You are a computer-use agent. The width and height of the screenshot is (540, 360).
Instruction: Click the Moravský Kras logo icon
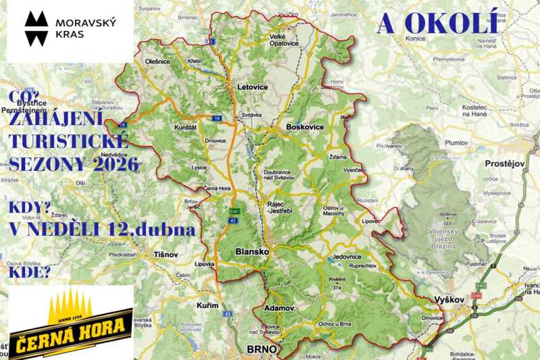click(x=37, y=28)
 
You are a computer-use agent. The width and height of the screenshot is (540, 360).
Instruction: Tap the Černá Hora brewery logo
click(x=70, y=322)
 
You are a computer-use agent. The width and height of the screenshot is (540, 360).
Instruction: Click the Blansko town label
click(x=252, y=251)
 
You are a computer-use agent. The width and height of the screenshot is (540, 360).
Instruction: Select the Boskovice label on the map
click(x=305, y=127)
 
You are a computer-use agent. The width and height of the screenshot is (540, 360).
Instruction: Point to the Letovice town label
click(x=252, y=87)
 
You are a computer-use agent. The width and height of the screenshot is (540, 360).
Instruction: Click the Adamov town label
click(x=280, y=308)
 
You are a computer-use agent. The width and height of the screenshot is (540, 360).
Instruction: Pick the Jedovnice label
click(x=346, y=257)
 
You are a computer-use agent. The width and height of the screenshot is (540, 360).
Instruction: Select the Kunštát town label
click(x=185, y=126)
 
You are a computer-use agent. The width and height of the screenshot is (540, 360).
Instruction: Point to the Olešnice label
click(x=158, y=61)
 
